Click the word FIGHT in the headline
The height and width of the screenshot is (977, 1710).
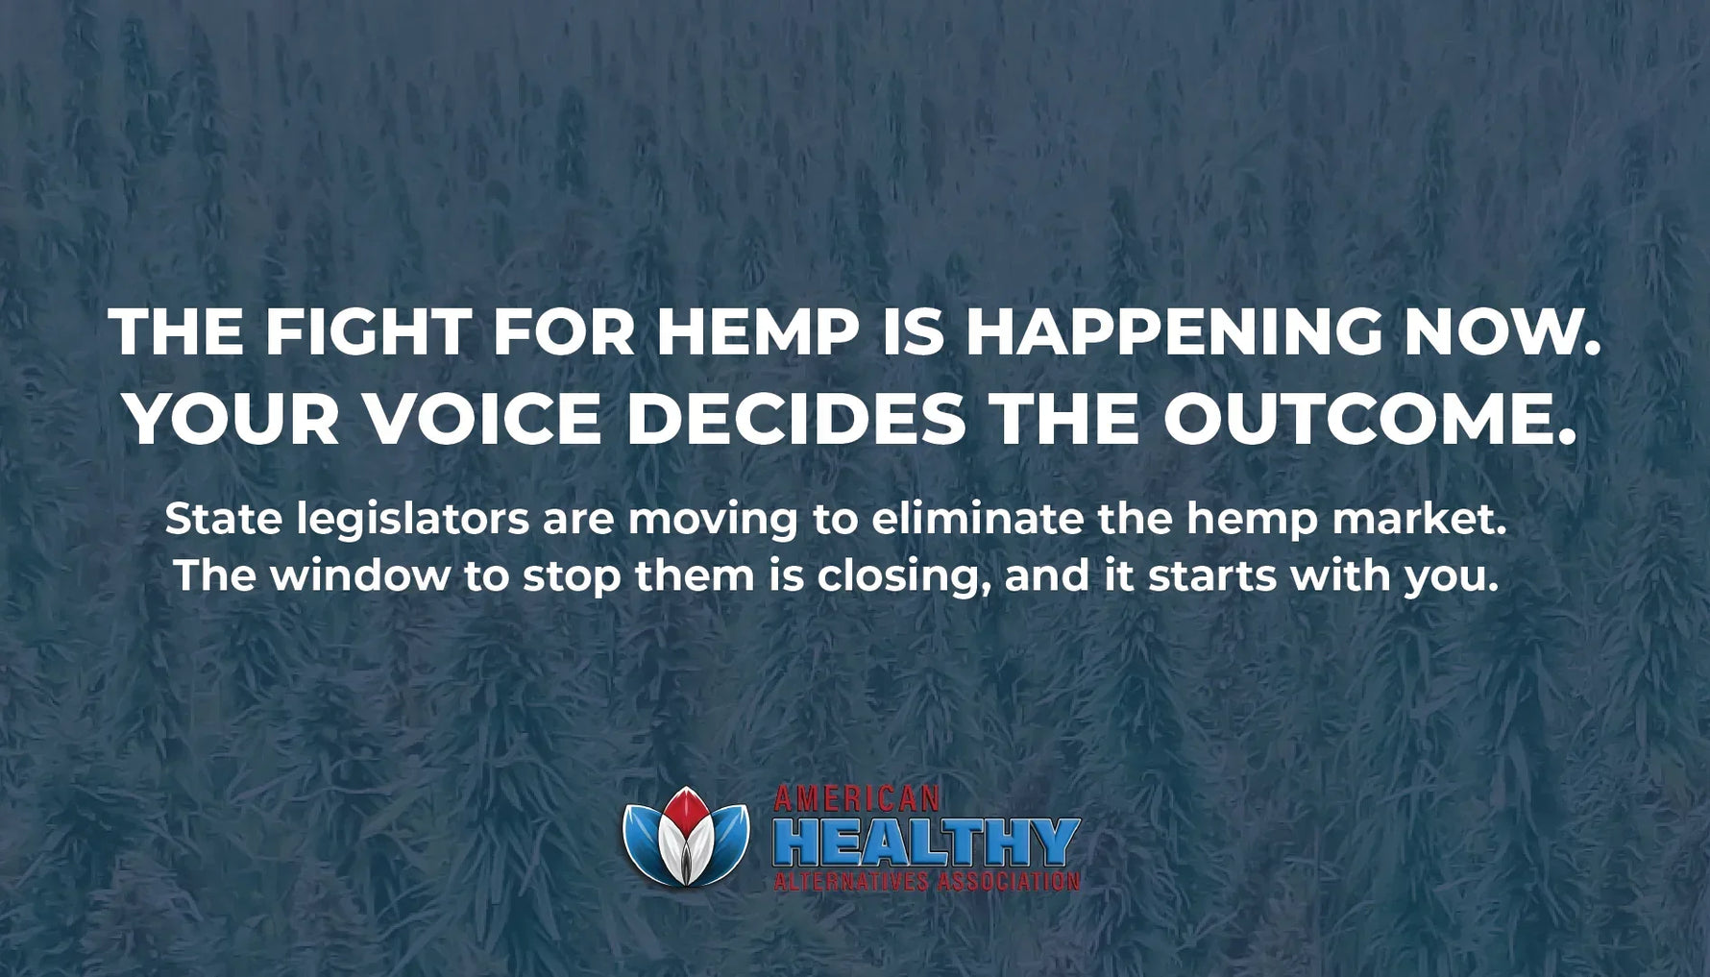(367, 332)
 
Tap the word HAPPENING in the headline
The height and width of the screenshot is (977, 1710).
(1172, 332)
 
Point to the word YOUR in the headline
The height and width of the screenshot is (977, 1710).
(232, 420)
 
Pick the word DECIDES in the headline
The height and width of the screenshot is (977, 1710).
(795, 420)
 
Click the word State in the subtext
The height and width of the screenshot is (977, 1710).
(224, 520)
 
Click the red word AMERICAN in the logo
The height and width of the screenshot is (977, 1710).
(856, 798)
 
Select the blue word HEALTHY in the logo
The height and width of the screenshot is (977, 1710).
(926, 843)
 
